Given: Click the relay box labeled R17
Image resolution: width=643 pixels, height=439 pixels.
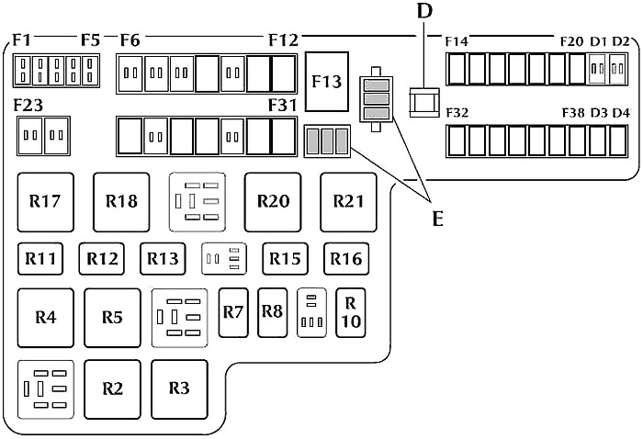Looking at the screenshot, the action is [x=46, y=202].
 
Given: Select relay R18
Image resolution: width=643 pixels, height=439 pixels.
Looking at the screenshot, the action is [x=121, y=202].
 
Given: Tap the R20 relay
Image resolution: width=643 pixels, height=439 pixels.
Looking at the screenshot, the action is [x=273, y=202].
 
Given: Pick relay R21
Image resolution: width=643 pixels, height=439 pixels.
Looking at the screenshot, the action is [x=348, y=202].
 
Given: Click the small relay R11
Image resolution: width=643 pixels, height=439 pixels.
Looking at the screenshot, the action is [x=40, y=259].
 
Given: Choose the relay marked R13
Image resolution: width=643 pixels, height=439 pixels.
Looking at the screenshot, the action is [x=163, y=259].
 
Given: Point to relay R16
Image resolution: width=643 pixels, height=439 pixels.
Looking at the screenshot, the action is [x=346, y=259].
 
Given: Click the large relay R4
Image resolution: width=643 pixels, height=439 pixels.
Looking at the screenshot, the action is [x=46, y=318].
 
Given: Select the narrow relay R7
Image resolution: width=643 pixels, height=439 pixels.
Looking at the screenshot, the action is [x=233, y=313].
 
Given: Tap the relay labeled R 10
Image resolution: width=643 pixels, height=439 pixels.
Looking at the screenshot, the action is [x=351, y=313].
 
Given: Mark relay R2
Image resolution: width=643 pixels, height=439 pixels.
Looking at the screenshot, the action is [x=112, y=389].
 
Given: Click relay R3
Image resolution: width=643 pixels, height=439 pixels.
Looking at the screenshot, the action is [x=179, y=389].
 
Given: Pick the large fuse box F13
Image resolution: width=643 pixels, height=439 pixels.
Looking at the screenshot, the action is [x=327, y=82].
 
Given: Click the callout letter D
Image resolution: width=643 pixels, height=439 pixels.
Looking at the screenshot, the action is [x=424, y=11].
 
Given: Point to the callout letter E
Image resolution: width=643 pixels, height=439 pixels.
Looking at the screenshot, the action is [x=438, y=219].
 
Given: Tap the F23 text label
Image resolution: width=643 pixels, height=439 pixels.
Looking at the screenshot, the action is [x=28, y=106].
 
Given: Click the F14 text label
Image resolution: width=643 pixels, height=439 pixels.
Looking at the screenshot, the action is [x=457, y=42].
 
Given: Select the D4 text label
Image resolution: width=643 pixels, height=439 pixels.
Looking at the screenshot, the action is [x=621, y=113].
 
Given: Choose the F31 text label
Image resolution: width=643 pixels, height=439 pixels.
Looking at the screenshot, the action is [x=283, y=106].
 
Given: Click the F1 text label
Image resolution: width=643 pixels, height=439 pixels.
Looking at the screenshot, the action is [x=22, y=40].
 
